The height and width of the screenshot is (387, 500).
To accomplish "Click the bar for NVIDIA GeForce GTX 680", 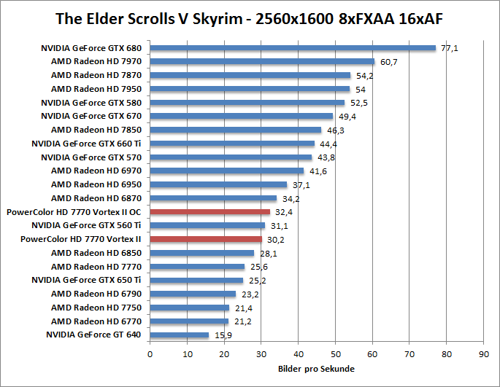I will tap(292, 48).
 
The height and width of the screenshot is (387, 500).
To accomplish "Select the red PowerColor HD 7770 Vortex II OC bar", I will tap(209, 212).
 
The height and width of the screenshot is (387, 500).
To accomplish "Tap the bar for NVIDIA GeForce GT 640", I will tap(179, 335).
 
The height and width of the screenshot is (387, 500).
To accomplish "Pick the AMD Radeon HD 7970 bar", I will tap(262, 62).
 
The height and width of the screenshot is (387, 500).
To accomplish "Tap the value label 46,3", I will tap(335, 130).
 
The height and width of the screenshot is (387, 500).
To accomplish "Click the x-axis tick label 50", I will tap(335, 355).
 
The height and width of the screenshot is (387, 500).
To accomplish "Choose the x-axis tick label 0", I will tap(150, 355).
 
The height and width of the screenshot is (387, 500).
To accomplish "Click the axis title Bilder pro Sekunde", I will tap(316, 369).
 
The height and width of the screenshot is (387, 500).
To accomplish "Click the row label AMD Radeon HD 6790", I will tap(96, 294).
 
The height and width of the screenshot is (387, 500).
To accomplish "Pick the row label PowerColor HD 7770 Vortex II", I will tap(81, 239).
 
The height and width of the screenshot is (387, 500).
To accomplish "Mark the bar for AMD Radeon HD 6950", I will tap(218, 184).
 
